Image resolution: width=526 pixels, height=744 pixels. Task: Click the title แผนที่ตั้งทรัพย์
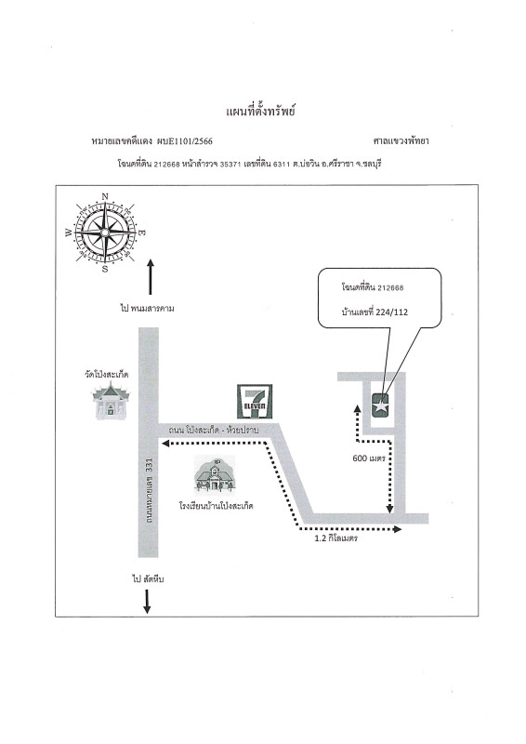point(260,112)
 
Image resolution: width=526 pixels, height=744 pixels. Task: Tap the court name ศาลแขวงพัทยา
point(401,141)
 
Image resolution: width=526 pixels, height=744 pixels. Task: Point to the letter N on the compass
point(105,196)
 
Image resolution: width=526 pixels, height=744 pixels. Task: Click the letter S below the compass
point(105,269)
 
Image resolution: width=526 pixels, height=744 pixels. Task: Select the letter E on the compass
point(142,233)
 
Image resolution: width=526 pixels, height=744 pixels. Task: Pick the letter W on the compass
point(69,232)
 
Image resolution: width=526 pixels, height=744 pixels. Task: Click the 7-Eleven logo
point(256,402)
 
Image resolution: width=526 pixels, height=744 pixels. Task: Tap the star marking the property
point(381,406)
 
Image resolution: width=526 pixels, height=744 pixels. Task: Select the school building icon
point(215,475)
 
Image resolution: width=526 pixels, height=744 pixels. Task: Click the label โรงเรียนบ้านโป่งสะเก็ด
point(217,506)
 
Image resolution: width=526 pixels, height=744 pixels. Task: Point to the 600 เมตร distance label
point(369,458)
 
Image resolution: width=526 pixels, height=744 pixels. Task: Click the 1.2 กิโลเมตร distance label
point(335,538)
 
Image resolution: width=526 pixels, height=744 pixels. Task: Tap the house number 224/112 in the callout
point(391,312)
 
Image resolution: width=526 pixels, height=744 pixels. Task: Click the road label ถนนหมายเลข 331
point(149,490)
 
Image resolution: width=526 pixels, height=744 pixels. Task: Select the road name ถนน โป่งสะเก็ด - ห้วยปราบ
point(214,431)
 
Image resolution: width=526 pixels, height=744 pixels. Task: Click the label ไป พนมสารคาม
point(147,309)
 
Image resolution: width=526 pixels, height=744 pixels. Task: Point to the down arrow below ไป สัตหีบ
point(147,601)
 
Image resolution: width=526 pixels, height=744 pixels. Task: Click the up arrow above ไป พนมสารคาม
point(151,277)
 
